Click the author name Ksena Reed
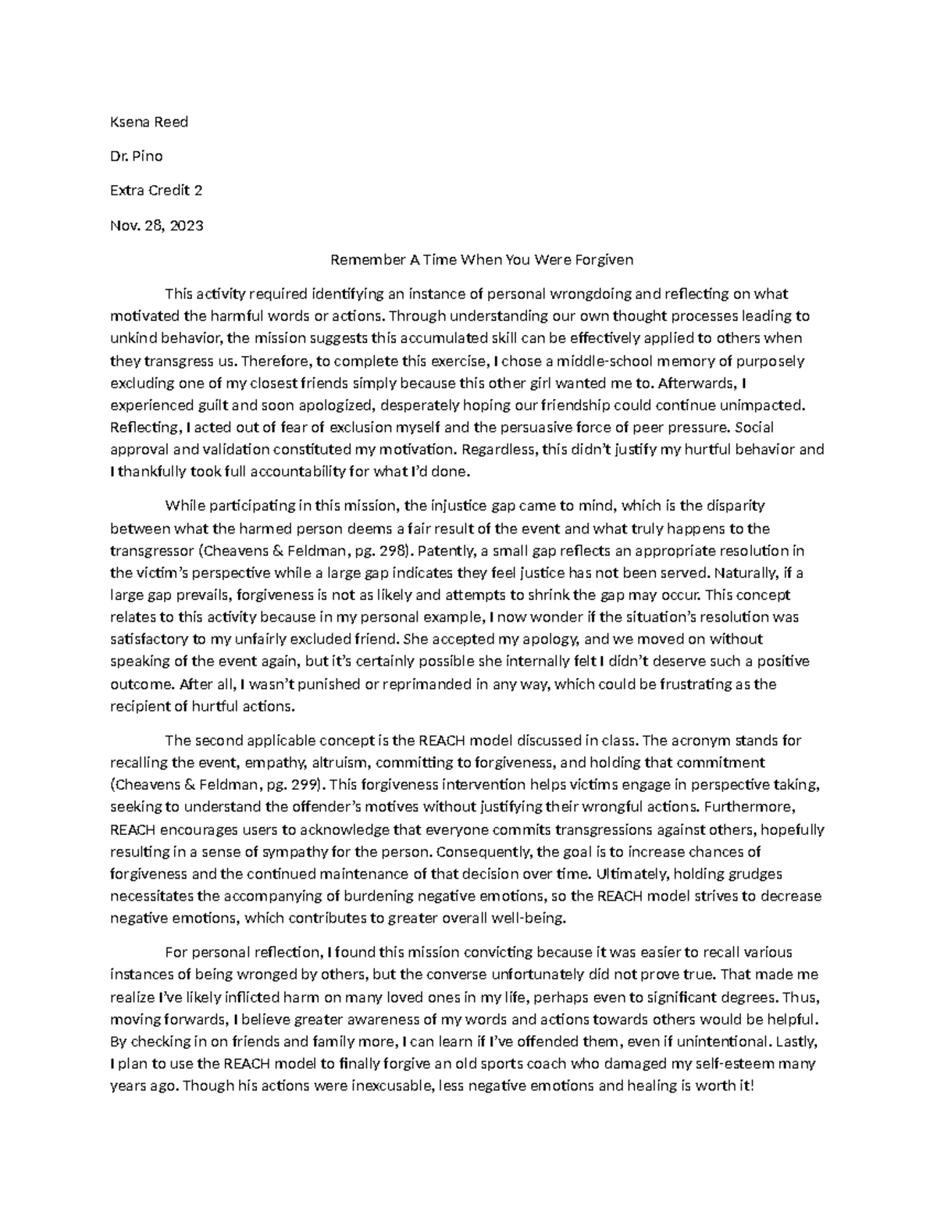[x=149, y=122]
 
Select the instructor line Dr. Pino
[x=137, y=156]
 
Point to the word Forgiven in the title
[x=605, y=259]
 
